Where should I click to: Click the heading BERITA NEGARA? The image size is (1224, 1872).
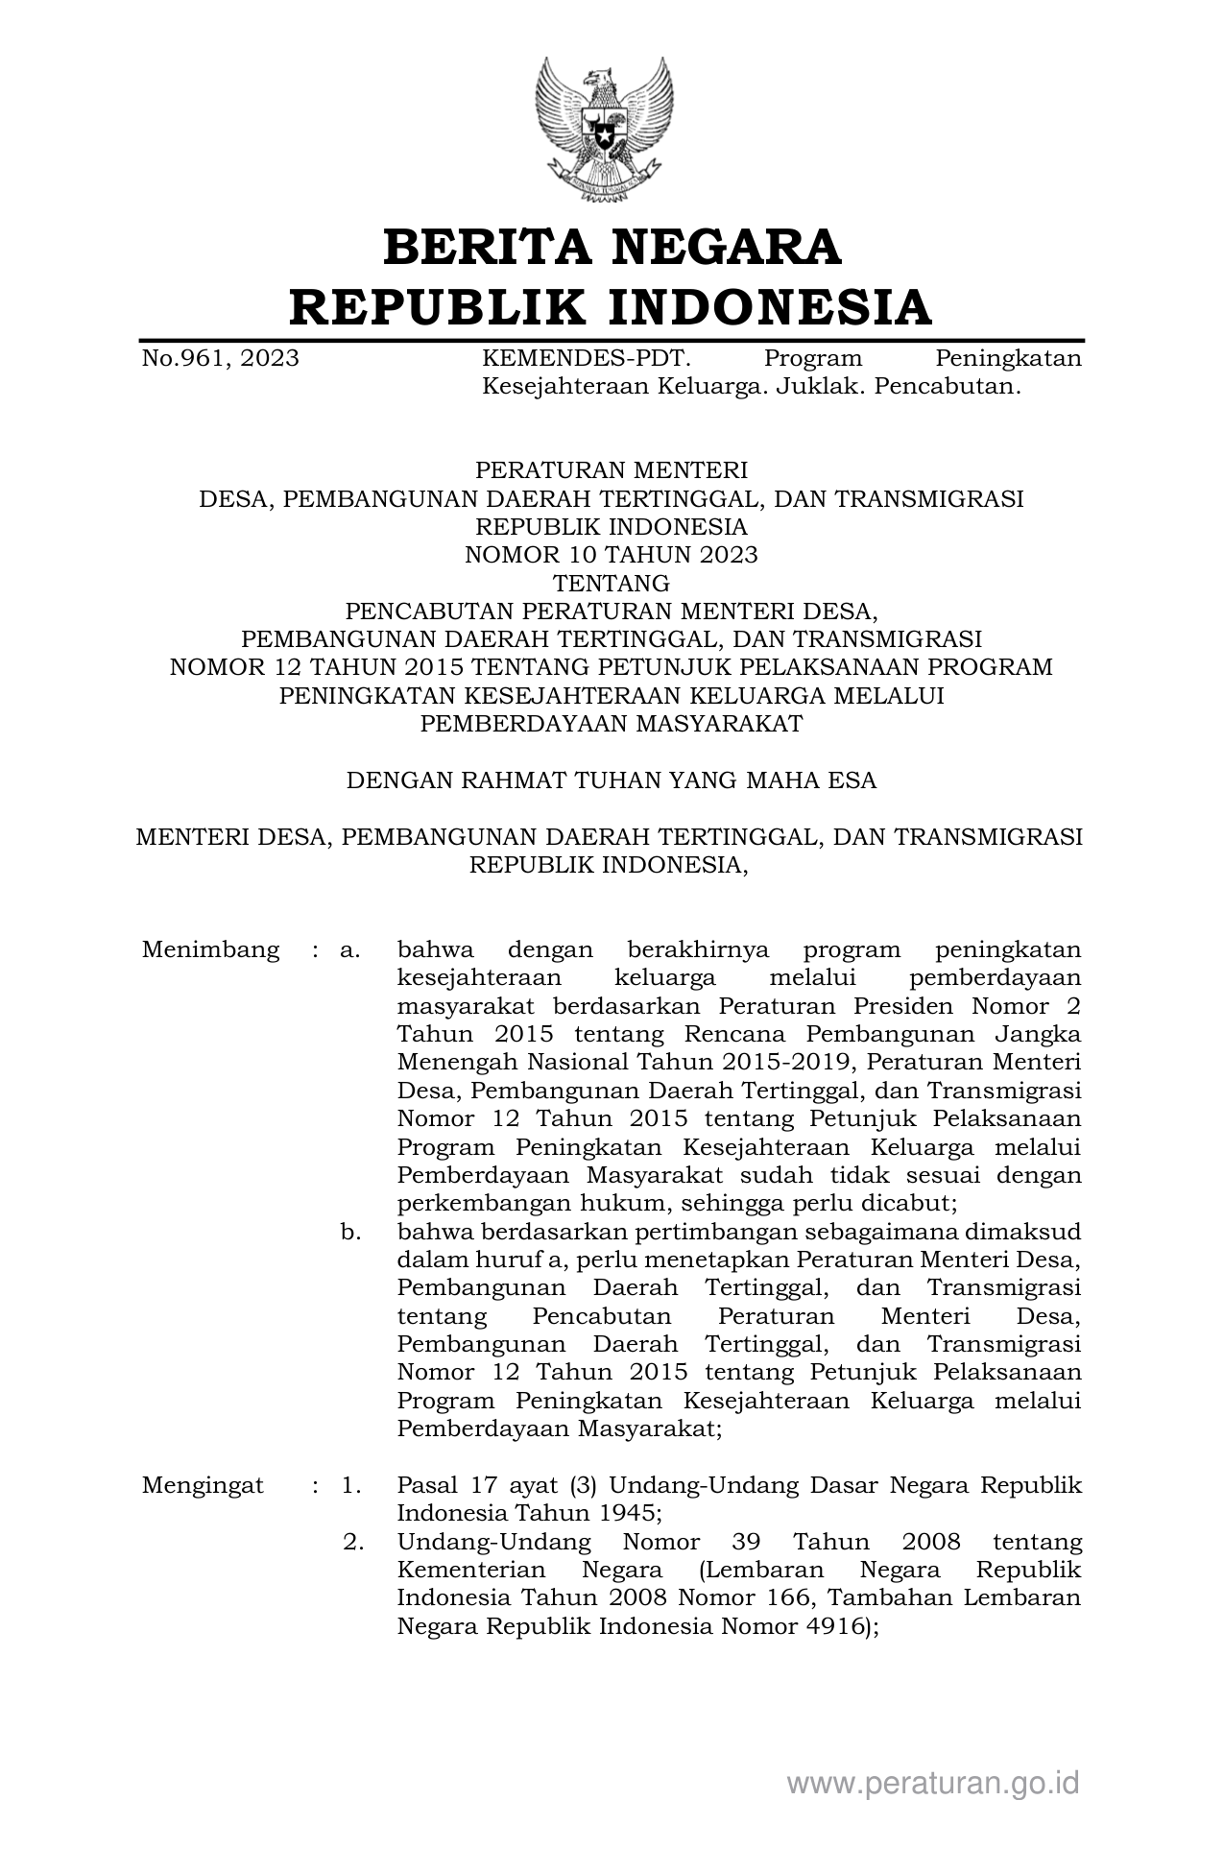click(x=612, y=247)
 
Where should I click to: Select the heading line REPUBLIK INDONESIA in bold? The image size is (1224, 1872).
click(x=612, y=307)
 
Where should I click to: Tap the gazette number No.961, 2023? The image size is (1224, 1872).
click(x=220, y=359)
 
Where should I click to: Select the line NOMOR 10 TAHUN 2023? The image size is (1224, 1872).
click(x=612, y=555)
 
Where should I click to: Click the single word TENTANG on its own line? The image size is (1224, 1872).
click(x=612, y=583)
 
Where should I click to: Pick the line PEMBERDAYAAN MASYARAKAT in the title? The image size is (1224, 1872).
click(x=612, y=724)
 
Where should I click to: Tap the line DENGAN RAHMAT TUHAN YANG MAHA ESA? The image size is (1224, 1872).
click(x=612, y=780)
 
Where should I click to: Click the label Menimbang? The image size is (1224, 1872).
click(x=211, y=950)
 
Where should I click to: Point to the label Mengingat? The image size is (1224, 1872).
click(x=203, y=1486)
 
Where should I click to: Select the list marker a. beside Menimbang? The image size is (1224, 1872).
click(x=350, y=950)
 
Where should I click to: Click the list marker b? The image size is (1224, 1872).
click(x=350, y=1232)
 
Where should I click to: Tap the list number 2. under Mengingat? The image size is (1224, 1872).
click(x=353, y=1543)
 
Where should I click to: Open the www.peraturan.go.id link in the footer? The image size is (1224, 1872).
click(x=933, y=1784)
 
